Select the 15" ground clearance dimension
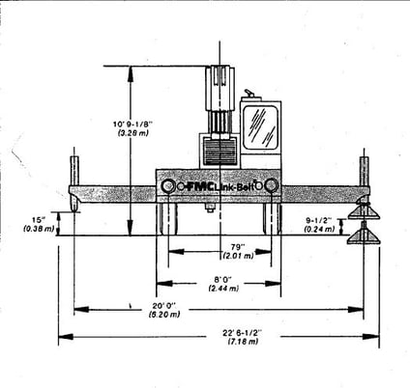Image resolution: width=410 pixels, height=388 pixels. coord(38,220)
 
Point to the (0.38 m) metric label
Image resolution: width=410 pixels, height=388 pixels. coord(38,230)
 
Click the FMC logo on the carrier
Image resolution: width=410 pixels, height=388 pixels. coord(198,185)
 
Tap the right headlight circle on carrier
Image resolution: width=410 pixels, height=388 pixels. coord(272,185)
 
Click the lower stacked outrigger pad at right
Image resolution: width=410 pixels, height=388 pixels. coord(365,235)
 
